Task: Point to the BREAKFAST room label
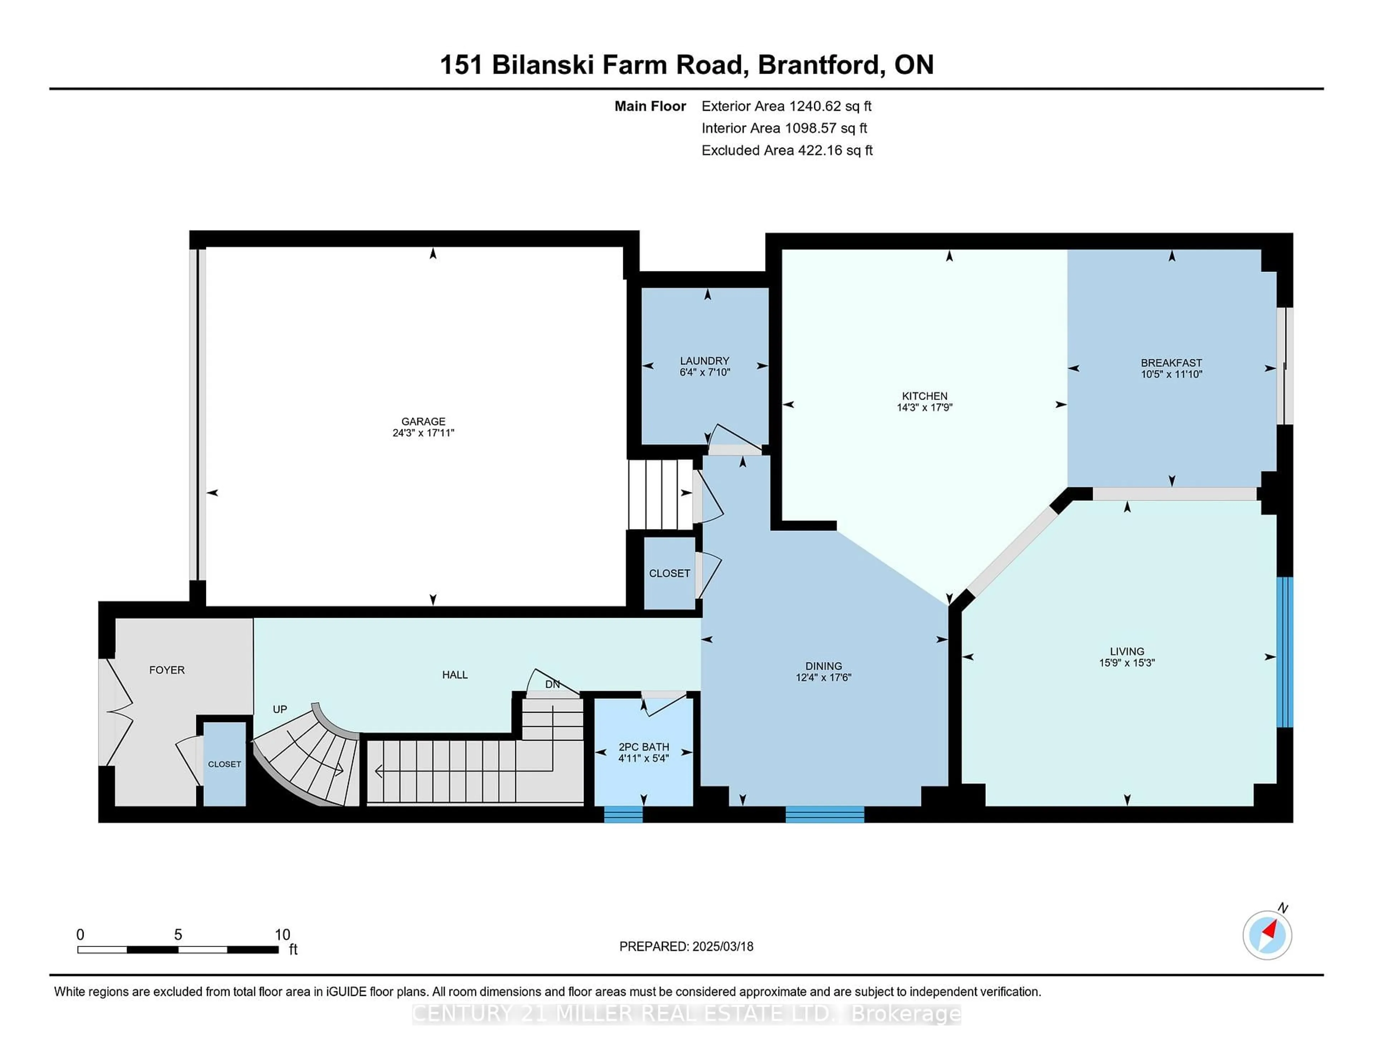point(1171,363)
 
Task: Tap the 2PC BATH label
point(644,747)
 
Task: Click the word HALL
point(454,675)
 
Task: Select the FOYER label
point(167,670)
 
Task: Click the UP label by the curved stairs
point(280,709)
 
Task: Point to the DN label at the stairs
point(552,684)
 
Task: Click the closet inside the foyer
point(225,764)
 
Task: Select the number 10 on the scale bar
point(282,935)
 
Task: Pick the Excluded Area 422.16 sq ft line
point(787,150)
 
